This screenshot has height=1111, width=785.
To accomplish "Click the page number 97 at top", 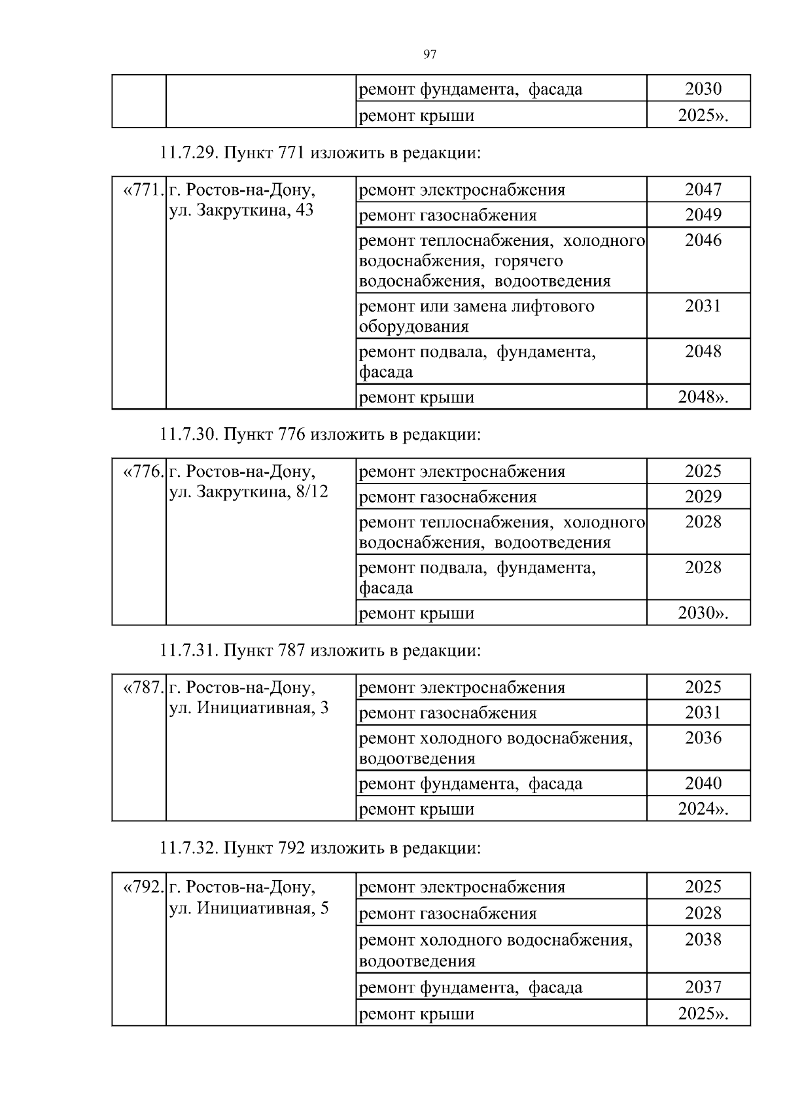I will (430, 54).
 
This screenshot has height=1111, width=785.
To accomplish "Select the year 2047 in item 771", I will (703, 190).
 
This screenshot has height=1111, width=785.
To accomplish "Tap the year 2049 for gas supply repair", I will (703, 215).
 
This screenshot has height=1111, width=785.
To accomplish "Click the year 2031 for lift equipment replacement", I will (703, 306).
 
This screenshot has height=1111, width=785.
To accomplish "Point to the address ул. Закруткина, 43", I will (241, 211).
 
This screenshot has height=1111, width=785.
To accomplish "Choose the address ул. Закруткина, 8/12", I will (249, 491).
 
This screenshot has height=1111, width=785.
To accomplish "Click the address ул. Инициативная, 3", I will (249, 708).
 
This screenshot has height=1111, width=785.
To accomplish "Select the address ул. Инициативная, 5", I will (249, 908).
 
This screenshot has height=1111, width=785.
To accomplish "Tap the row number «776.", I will (143, 471).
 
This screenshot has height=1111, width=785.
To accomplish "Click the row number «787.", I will (143, 688).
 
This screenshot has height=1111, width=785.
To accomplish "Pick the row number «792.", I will (143, 887).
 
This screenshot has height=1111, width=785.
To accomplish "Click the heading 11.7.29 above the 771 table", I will (321, 154).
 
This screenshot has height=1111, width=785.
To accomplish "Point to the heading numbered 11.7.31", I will (321, 650).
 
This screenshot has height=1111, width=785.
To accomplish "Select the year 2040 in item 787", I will (703, 783).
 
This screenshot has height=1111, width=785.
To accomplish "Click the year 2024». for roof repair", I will (703, 809).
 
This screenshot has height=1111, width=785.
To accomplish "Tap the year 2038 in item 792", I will (703, 940).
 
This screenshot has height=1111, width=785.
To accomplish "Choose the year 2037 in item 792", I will (703, 987).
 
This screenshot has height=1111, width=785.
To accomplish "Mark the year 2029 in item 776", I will (703, 496).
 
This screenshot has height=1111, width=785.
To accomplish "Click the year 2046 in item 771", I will (703, 240).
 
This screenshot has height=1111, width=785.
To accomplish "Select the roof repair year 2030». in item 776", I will (703, 613).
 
